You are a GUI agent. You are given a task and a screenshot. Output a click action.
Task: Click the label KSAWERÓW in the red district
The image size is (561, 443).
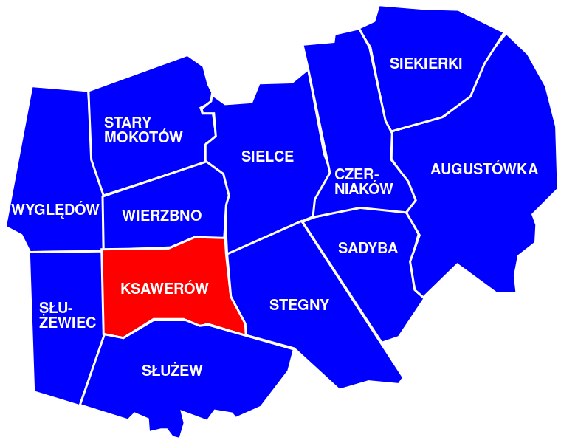click(x=165, y=289)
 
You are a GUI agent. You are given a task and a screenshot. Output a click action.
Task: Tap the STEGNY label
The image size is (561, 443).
click(x=299, y=305)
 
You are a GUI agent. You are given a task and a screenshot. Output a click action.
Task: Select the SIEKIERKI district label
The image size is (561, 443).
click(x=426, y=63)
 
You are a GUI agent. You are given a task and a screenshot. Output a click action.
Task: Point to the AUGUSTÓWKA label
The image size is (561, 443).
click(x=484, y=169)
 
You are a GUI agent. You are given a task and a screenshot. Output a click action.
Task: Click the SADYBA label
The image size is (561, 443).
click(x=368, y=248)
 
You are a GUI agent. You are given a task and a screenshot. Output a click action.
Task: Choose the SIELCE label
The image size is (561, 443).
click(x=267, y=157)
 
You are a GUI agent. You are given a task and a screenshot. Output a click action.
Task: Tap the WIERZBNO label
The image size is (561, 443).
click(x=162, y=216)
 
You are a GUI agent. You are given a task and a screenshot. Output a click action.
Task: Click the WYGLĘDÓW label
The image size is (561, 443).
click(x=55, y=210)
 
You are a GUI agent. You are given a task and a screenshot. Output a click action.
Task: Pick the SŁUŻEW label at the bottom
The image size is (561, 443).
click(x=172, y=371)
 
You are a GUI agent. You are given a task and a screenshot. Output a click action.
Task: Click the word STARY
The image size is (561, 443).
click(x=127, y=123)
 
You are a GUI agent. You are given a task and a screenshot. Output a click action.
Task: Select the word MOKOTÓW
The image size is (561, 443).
click(x=143, y=137)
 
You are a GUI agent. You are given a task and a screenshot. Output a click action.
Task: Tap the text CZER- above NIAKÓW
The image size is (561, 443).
click(x=356, y=174)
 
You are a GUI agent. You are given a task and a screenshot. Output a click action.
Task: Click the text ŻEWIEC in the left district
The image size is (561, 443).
click(x=67, y=323)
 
